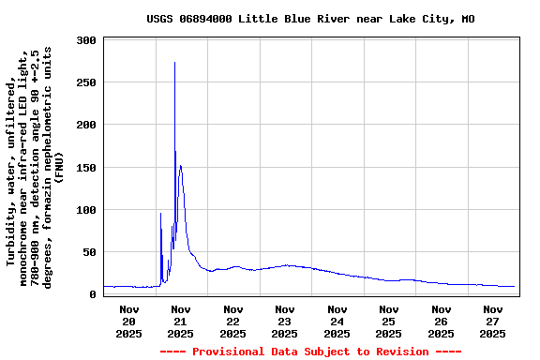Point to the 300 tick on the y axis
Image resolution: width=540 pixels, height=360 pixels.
pyautogui.click(x=86, y=41)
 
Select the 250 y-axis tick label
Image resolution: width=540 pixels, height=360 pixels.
pyautogui.click(x=86, y=83)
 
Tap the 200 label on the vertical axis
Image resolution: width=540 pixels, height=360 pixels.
pyautogui.click(x=86, y=126)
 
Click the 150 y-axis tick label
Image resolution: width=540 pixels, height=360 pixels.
pyautogui.click(x=86, y=168)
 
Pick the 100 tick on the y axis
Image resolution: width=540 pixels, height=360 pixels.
pyautogui.click(x=86, y=210)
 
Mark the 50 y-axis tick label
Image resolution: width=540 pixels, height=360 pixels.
pyautogui.click(x=90, y=252)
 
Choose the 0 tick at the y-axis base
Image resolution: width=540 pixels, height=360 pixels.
pyautogui.click(x=93, y=294)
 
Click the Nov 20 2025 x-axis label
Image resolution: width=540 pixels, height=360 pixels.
pyautogui.click(x=128, y=321)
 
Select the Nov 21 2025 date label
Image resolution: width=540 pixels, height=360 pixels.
pyautogui.click(x=181, y=321)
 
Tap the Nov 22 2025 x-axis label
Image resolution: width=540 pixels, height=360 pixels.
pyautogui.click(x=232, y=321)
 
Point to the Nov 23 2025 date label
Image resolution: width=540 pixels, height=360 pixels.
pyautogui.click(x=285, y=321)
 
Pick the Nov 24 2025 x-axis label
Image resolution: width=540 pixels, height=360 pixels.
pyautogui.click(x=337, y=321)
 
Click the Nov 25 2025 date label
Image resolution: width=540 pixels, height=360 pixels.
pyautogui.click(x=389, y=321)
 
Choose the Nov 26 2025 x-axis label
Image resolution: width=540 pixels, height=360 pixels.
pyautogui.click(x=441, y=321)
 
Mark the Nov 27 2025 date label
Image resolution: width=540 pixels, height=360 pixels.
pyautogui.click(x=493, y=321)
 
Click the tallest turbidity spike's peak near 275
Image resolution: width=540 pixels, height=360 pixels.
pyautogui.click(x=174, y=63)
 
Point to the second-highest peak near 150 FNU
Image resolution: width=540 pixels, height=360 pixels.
pyautogui.click(x=180, y=166)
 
